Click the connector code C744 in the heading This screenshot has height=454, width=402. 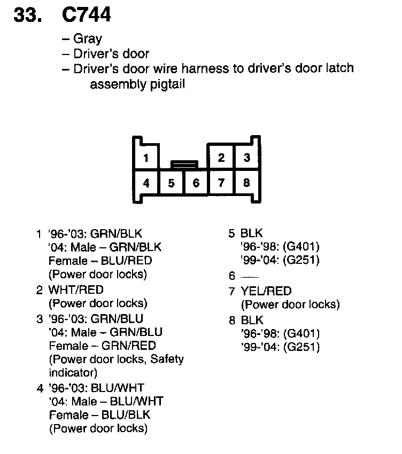[x=87, y=14]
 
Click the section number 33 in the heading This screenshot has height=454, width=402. [x=27, y=14]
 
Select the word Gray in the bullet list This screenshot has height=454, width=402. [x=88, y=39]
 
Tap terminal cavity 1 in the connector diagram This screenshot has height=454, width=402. [x=146, y=158]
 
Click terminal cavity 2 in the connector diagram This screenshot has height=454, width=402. [x=221, y=158]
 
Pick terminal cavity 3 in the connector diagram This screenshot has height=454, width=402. [x=246, y=158]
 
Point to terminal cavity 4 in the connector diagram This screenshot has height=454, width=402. [x=146, y=183]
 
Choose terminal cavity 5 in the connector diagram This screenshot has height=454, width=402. [x=171, y=183]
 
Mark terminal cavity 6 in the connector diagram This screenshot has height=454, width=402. [x=196, y=183]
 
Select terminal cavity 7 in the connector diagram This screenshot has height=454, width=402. [x=221, y=183]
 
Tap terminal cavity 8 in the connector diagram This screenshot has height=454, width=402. [x=246, y=183]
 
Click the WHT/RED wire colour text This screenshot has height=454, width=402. [x=76, y=289]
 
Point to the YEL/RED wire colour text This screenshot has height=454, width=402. [x=266, y=291]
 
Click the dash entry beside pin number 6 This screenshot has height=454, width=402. [x=250, y=277]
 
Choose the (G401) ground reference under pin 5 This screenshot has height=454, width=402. [x=302, y=247]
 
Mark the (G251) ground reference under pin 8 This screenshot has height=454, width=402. [x=302, y=347]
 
